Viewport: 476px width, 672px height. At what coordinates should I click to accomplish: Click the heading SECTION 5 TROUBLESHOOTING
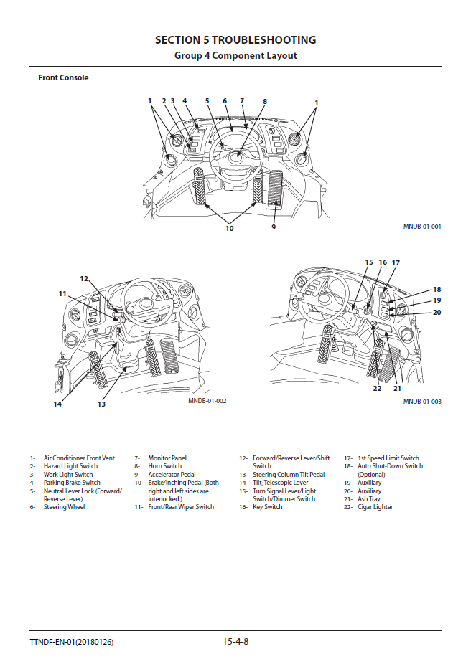235,40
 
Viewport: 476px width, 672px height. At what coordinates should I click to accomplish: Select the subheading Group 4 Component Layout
235,55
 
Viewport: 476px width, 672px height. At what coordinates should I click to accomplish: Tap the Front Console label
63,77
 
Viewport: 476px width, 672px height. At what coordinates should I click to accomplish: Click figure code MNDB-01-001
422,227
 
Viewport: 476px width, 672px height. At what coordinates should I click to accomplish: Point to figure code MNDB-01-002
207,401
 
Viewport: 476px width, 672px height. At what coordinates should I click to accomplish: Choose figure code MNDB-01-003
422,402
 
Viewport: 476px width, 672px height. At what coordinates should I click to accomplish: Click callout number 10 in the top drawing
230,228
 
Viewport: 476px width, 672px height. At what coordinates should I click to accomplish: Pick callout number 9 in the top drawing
274,227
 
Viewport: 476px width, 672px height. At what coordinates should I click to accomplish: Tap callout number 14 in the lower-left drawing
57,404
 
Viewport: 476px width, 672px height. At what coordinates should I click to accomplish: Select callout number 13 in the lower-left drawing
101,404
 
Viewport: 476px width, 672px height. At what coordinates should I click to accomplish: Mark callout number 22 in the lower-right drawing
377,389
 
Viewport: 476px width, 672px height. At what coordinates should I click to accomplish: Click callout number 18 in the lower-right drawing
437,289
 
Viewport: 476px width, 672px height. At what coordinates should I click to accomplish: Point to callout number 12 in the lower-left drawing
84,278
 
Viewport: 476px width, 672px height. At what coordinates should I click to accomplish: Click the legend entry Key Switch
267,507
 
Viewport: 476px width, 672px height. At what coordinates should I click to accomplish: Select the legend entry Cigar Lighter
375,507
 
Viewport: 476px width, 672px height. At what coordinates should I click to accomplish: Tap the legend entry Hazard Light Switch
70,466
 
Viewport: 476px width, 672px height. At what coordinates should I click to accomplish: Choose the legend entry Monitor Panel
167,458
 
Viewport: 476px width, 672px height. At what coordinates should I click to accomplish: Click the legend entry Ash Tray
369,499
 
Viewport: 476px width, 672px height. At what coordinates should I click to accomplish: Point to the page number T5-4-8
235,641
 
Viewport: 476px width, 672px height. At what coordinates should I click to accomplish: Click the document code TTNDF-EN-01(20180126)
72,642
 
